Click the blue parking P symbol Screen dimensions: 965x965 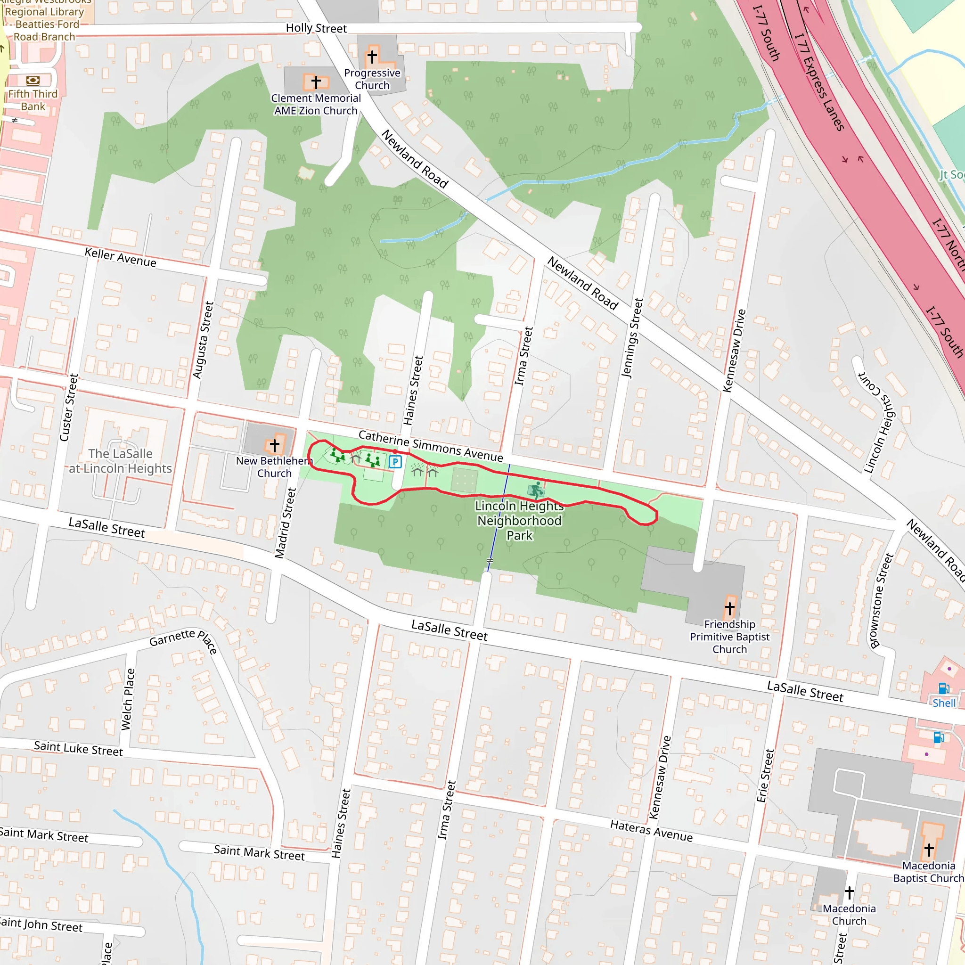(x=395, y=461)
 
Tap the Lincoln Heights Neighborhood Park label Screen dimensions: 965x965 (x=519, y=521)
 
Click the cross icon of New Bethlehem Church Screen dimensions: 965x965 (x=274, y=444)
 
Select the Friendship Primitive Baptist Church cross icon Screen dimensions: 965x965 (x=729, y=608)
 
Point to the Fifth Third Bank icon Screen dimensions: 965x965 (x=33, y=80)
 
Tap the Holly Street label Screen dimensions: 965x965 (x=316, y=28)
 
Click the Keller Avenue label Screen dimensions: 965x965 (x=120, y=257)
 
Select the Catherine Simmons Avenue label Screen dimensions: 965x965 (x=431, y=446)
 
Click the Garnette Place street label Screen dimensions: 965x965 (x=183, y=639)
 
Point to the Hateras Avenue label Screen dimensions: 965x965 (x=651, y=831)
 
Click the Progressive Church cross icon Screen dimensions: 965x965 (x=372, y=56)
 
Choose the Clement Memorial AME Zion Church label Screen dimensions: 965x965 (x=316, y=105)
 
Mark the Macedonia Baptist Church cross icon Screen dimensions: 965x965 (x=929, y=849)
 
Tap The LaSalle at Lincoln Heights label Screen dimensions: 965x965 (x=120, y=460)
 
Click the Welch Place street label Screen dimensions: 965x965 (x=128, y=699)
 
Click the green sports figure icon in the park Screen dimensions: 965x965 (x=536, y=490)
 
